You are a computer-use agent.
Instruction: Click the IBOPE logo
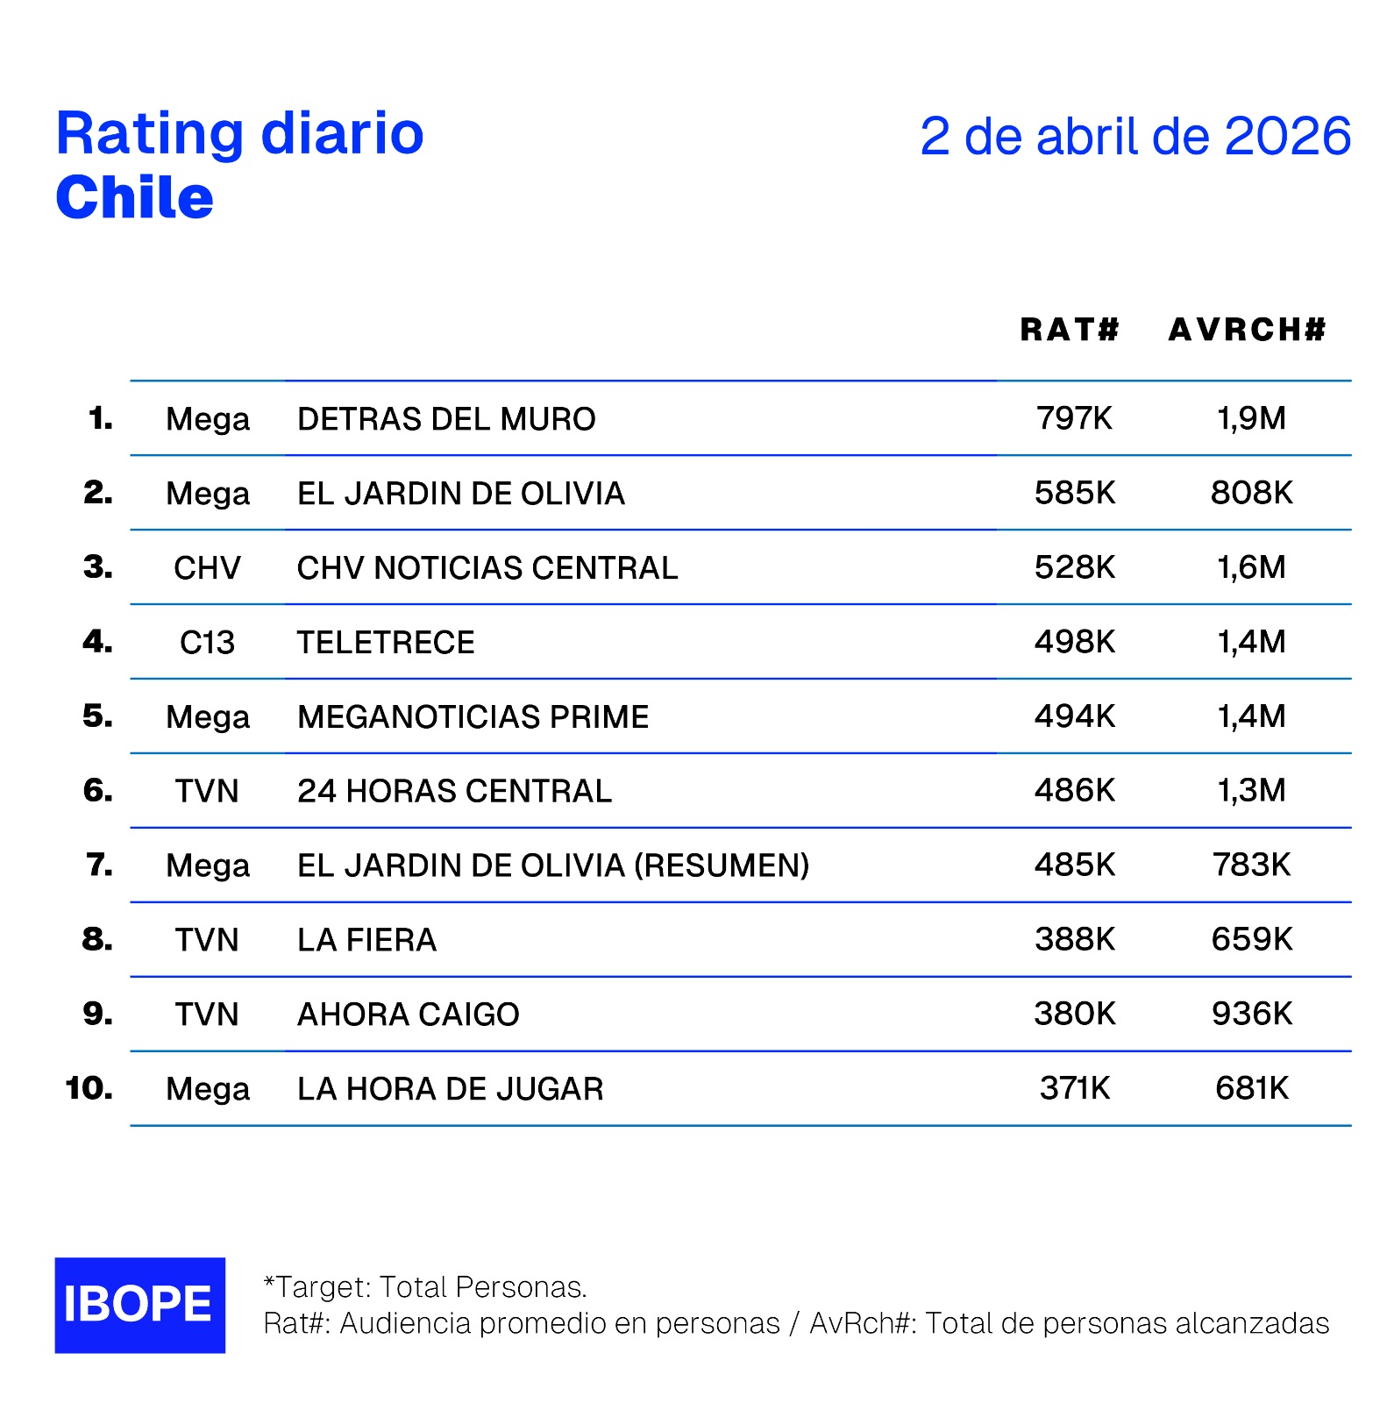[139, 1304]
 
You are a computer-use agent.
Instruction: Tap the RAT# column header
[1070, 330]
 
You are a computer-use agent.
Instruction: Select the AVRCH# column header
[1247, 330]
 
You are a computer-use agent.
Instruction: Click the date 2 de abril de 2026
[1134, 137]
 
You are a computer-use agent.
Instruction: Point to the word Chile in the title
[134, 197]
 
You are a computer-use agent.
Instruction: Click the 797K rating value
[1074, 418]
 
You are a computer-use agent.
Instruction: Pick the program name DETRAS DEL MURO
[446, 419]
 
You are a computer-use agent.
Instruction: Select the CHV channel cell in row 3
[207, 568]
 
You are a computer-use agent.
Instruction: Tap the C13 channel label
[207, 643]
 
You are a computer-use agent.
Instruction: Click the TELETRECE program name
[386, 643]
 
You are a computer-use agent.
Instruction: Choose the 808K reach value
[1251, 493]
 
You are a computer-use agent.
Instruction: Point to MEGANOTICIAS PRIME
[473, 717]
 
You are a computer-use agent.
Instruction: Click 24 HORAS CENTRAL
[454, 791]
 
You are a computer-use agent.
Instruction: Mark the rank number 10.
[89, 1088]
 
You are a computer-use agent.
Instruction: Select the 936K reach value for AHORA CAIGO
[1251, 1014]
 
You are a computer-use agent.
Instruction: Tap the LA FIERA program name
[366, 940]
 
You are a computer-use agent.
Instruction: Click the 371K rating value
[1074, 1088]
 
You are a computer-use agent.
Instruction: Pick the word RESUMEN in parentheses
[722, 865]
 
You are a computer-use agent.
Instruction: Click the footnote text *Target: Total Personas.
[425, 1286]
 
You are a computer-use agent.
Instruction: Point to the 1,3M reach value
[1251, 791]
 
